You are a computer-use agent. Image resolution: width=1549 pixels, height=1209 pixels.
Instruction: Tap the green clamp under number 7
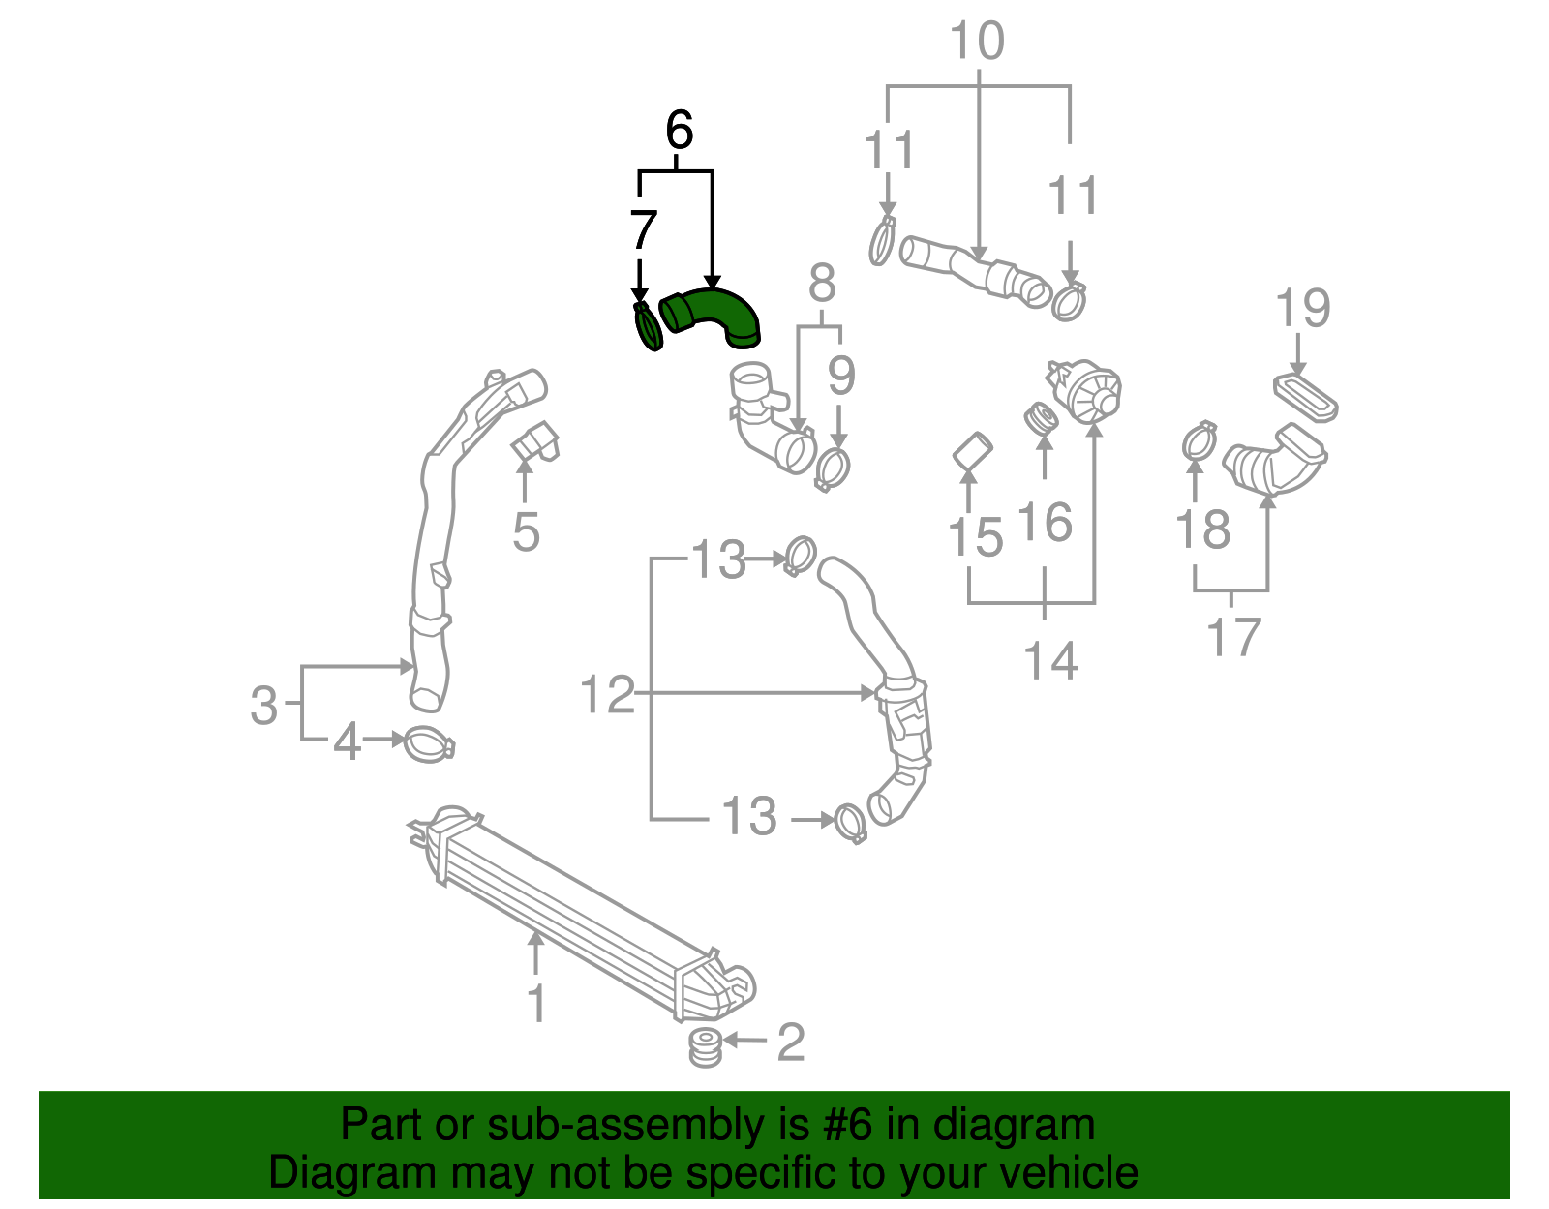pos(647,329)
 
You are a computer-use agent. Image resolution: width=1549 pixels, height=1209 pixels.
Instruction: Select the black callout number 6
pos(679,130)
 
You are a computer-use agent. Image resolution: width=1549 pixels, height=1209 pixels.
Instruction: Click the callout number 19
pos(1302,309)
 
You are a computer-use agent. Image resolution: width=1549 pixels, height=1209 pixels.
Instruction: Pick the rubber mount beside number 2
pos(705,1047)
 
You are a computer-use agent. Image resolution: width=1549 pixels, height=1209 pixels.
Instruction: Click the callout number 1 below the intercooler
pos(535,1003)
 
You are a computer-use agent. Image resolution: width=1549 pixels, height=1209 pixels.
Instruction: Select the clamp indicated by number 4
pos(427,744)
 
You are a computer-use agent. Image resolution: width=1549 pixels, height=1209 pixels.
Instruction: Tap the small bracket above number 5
pos(535,441)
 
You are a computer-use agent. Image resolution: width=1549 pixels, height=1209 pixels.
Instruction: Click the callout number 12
pos(606,695)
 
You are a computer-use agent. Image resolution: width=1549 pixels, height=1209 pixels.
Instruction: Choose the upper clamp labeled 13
pos(800,556)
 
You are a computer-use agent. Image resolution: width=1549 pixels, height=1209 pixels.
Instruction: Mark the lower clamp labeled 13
pos(849,823)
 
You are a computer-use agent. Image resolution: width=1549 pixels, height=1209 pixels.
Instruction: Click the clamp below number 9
pos(833,469)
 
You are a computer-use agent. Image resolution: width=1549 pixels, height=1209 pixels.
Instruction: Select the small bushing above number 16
pos(1042,419)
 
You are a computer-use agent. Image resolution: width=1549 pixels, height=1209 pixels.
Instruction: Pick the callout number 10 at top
pos(977,42)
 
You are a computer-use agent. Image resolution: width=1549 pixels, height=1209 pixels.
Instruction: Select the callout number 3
pos(263,705)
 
